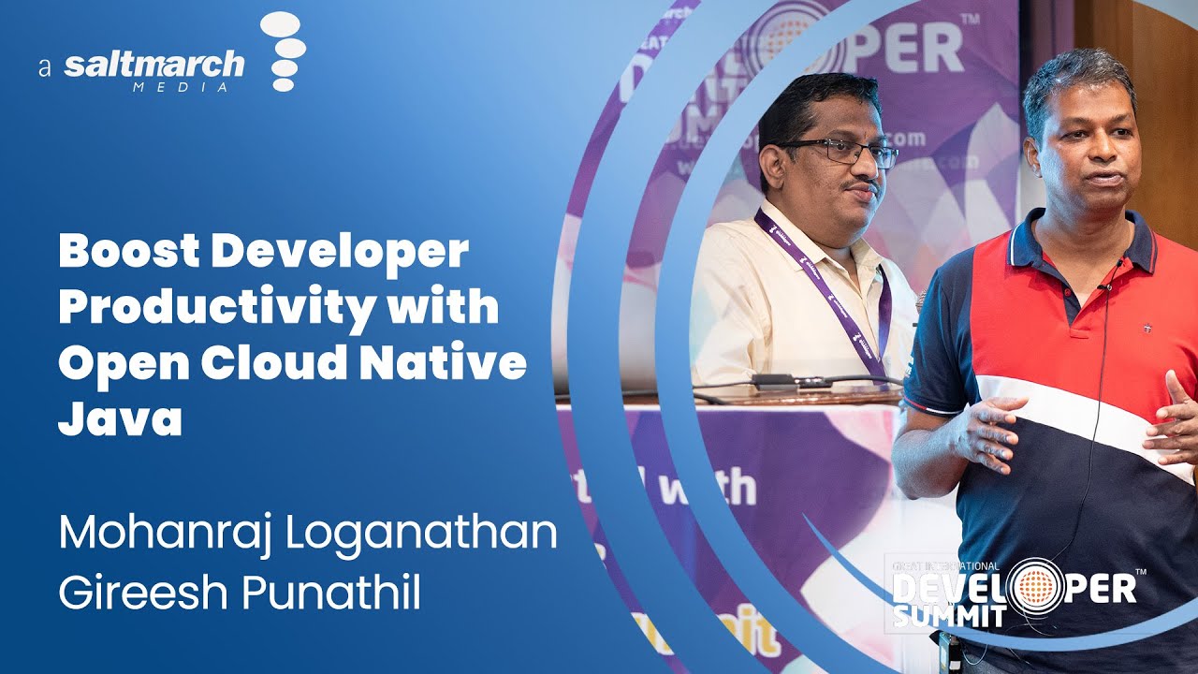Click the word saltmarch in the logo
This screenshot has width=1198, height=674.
(x=154, y=66)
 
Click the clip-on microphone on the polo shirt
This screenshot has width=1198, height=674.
(x=1106, y=285)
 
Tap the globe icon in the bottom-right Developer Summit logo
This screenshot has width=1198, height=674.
(x=1034, y=587)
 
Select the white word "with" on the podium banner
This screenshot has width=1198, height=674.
(x=707, y=487)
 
